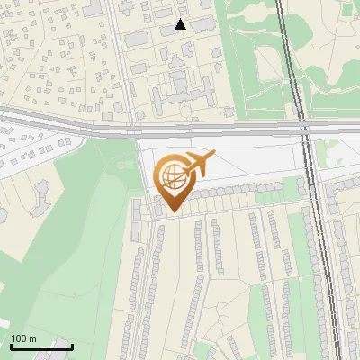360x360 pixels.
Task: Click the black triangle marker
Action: [x=181, y=24]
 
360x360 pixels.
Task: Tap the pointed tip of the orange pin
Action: [x=172, y=213]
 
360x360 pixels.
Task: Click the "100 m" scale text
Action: [x=24, y=338]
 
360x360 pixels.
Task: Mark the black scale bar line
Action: [x=41, y=346]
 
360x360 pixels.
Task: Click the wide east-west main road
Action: [x=90, y=121]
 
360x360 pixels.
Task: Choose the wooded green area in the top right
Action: [x=324, y=45]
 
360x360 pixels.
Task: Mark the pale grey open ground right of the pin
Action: [x=252, y=166]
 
